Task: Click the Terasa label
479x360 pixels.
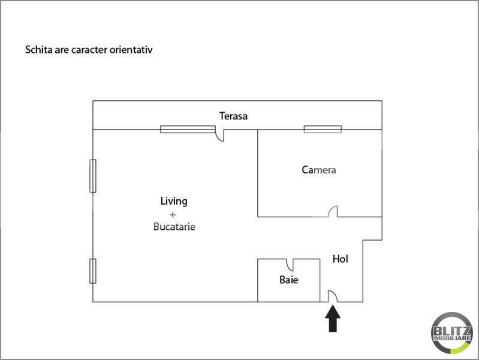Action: coord(233,116)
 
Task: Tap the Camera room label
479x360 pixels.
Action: coord(319,170)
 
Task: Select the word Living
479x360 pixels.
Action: coord(174,202)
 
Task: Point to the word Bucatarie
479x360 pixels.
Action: coord(174,227)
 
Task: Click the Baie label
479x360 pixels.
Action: coord(289,280)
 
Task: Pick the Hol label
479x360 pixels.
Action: coord(341,259)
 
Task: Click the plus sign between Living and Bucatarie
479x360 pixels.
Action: coord(173,215)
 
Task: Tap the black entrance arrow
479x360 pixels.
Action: coord(333,319)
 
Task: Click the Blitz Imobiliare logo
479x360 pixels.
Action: coord(451,333)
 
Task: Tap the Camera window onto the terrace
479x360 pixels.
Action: coord(323,130)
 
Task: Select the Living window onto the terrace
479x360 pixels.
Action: coord(188,130)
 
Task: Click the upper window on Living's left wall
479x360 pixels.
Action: coord(93,176)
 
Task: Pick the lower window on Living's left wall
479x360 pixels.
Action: coord(93,271)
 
